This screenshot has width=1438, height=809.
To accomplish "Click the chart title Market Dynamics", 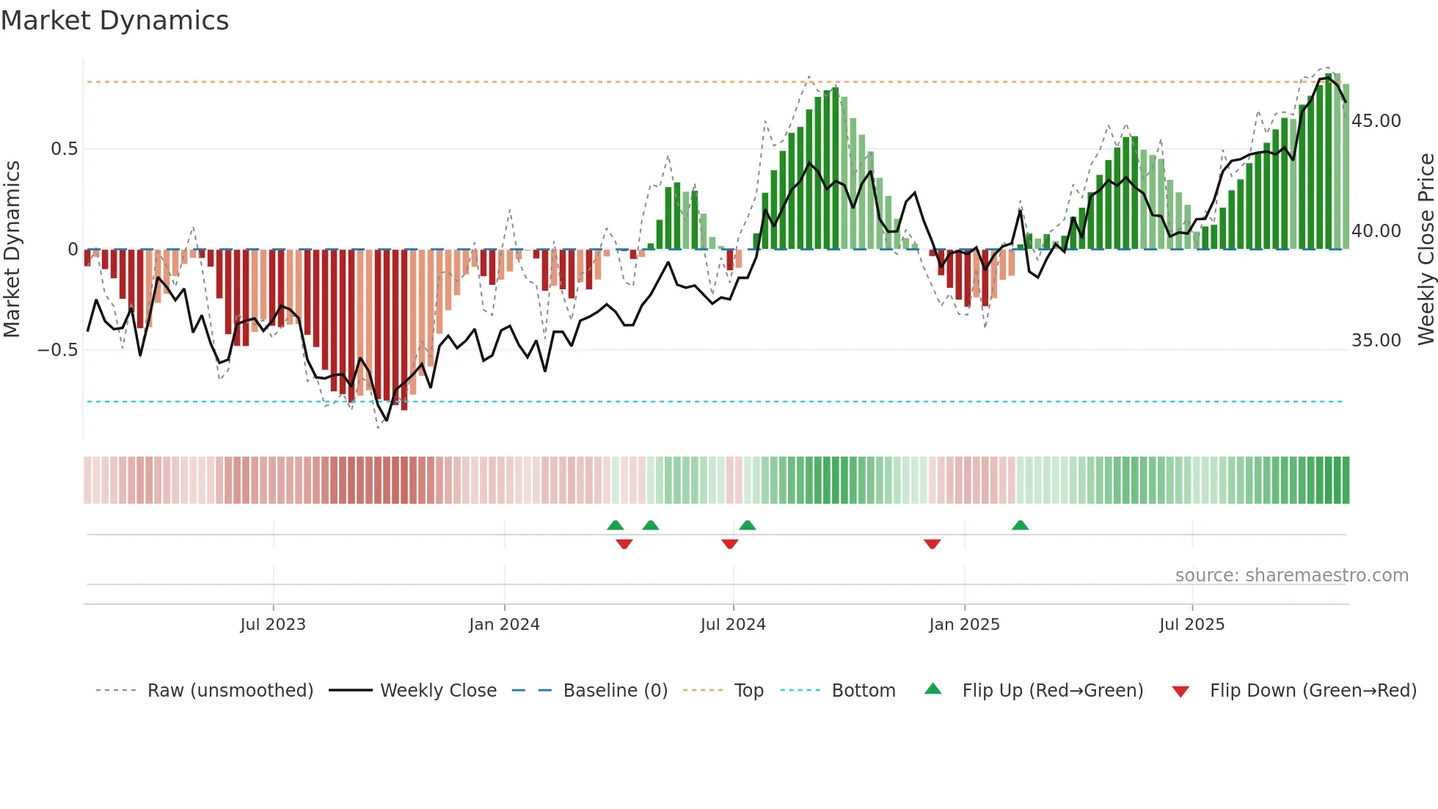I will point(115,21).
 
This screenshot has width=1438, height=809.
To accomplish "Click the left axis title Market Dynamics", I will point(12,250).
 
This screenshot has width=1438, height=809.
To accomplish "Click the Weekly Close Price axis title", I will point(1426,250).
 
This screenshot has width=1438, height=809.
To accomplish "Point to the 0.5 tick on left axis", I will point(64,149).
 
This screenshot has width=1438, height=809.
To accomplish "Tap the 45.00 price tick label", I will point(1376,121).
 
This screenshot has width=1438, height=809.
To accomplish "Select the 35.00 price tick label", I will point(1376,341).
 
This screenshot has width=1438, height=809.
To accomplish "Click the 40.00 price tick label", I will point(1376,231).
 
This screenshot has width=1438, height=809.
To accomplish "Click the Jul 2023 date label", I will point(273,625).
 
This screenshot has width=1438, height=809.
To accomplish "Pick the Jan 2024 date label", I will point(504,625).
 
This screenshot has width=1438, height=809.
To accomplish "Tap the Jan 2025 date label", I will point(964,625).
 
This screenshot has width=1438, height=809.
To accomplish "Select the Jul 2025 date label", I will point(1191,625).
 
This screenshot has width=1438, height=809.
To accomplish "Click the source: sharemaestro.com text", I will point(1291,576).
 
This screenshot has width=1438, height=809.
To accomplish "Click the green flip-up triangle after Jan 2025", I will point(1020,526).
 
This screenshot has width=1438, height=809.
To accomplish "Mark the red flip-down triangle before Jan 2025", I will point(932,544).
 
